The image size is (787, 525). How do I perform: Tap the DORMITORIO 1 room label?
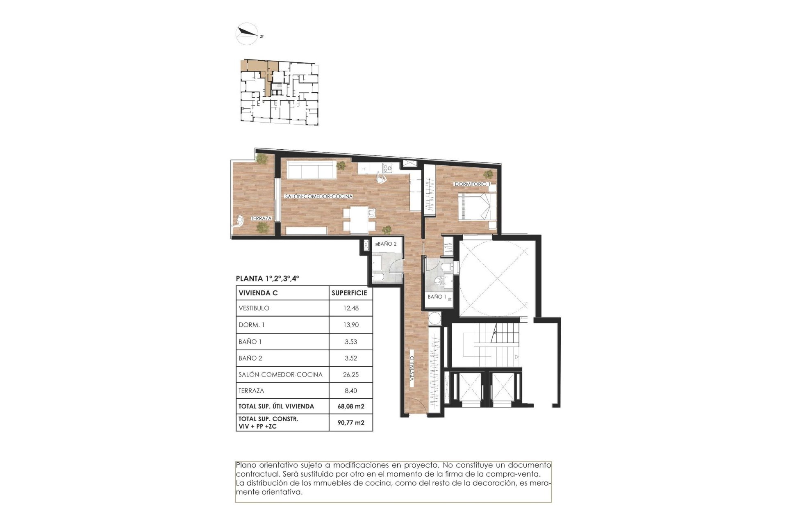point(472,184)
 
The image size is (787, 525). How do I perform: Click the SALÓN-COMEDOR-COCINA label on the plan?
point(318,196)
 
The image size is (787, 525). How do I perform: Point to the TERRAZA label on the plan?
point(261,218)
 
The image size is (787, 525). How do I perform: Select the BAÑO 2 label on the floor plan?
point(387,244)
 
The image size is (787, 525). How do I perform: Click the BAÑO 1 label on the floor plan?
point(437,297)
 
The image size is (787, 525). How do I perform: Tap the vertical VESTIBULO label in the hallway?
point(412,368)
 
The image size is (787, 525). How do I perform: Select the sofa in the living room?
point(311,169)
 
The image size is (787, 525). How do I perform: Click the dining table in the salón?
point(359,219)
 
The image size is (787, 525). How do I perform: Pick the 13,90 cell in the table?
point(351,325)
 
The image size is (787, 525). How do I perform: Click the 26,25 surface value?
point(351,374)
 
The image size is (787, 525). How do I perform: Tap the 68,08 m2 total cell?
point(351,406)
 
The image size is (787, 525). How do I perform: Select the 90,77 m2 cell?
point(351,422)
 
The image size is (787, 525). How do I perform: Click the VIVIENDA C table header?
point(258,293)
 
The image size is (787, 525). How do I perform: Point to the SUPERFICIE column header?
point(349,293)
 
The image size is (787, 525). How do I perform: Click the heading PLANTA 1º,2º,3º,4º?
point(267,278)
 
